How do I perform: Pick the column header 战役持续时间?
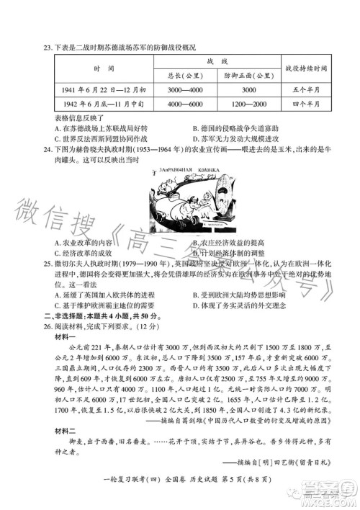[x=306, y=68]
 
